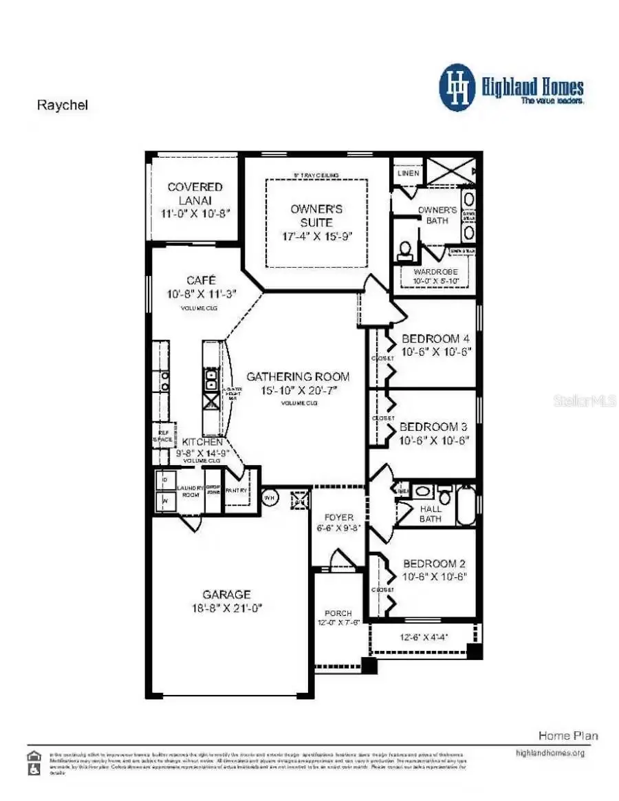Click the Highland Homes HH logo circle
click(x=457, y=88)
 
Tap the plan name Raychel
click(x=61, y=105)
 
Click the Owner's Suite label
click(x=316, y=215)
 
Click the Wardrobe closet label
click(x=435, y=272)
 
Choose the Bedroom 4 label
click(x=435, y=339)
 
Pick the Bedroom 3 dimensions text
click(x=435, y=441)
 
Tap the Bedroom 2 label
click(x=435, y=563)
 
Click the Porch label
click(x=338, y=613)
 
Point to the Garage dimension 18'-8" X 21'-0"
click(x=226, y=608)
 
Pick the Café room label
click(x=202, y=281)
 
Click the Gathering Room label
click(x=298, y=376)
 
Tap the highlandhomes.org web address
click(x=550, y=753)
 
